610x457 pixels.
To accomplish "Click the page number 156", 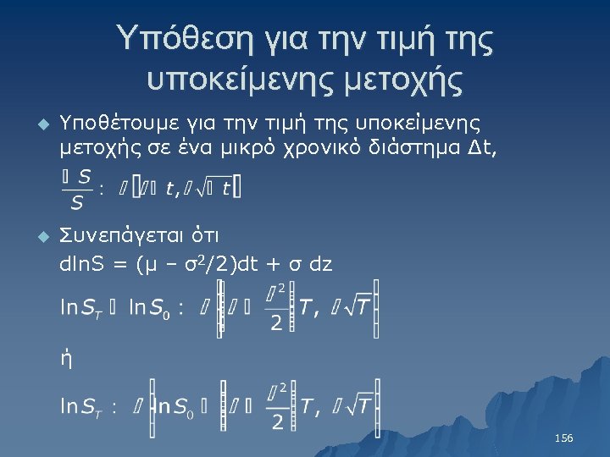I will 563,438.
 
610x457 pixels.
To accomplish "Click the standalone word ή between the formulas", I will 65,359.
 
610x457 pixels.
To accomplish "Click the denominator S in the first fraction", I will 77,203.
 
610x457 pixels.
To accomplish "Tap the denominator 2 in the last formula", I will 277,423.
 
